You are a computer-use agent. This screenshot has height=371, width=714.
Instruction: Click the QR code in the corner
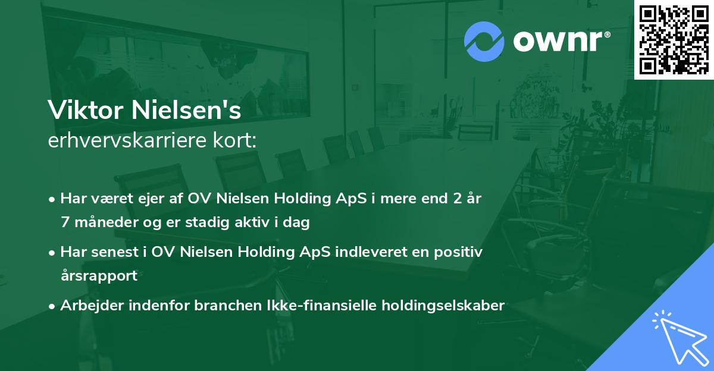[674, 39]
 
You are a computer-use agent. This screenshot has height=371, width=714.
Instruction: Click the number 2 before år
[455, 199]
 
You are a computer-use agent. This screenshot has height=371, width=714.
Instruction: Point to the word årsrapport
[99, 276]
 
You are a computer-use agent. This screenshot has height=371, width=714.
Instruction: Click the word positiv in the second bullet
[461, 252]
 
